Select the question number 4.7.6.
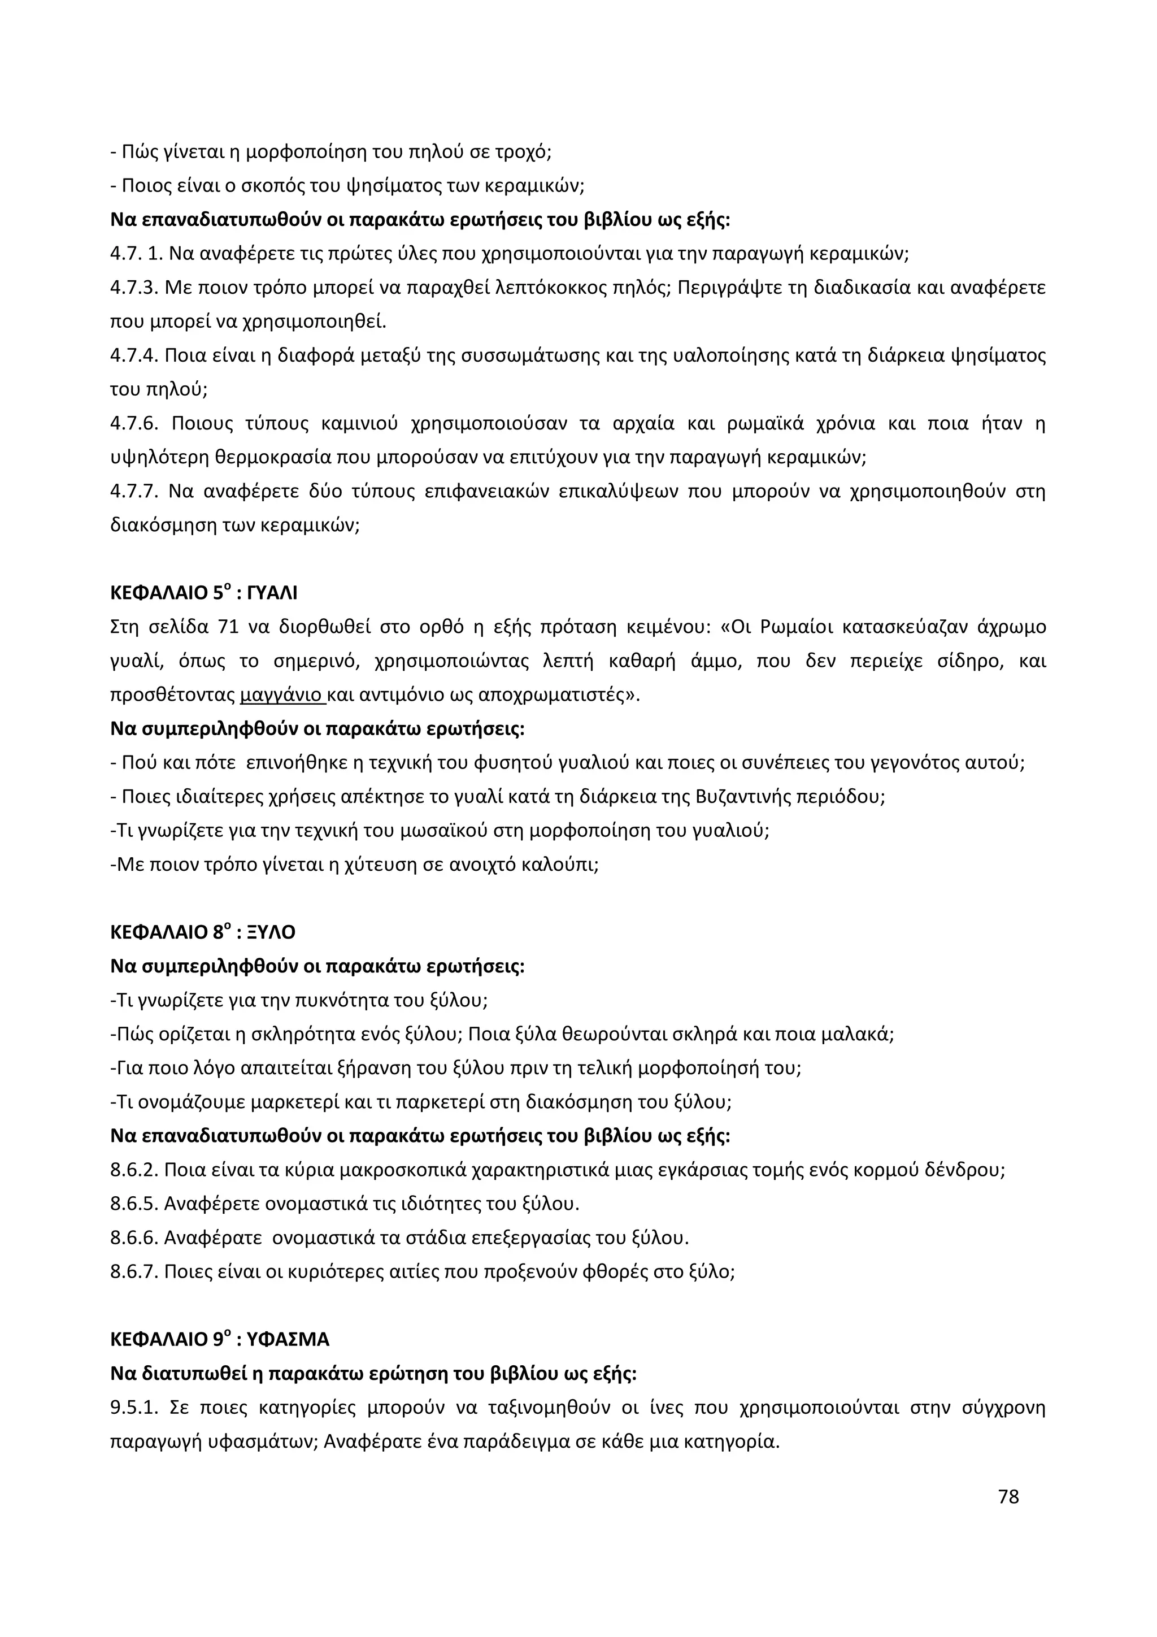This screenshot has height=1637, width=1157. (133, 423)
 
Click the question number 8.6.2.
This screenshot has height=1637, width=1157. (133, 1170)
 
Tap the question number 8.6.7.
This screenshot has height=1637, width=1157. (133, 1271)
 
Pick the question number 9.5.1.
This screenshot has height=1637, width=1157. (133, 1408)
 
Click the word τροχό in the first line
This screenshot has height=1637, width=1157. (524, 152)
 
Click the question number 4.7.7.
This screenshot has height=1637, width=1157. (133, 491)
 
